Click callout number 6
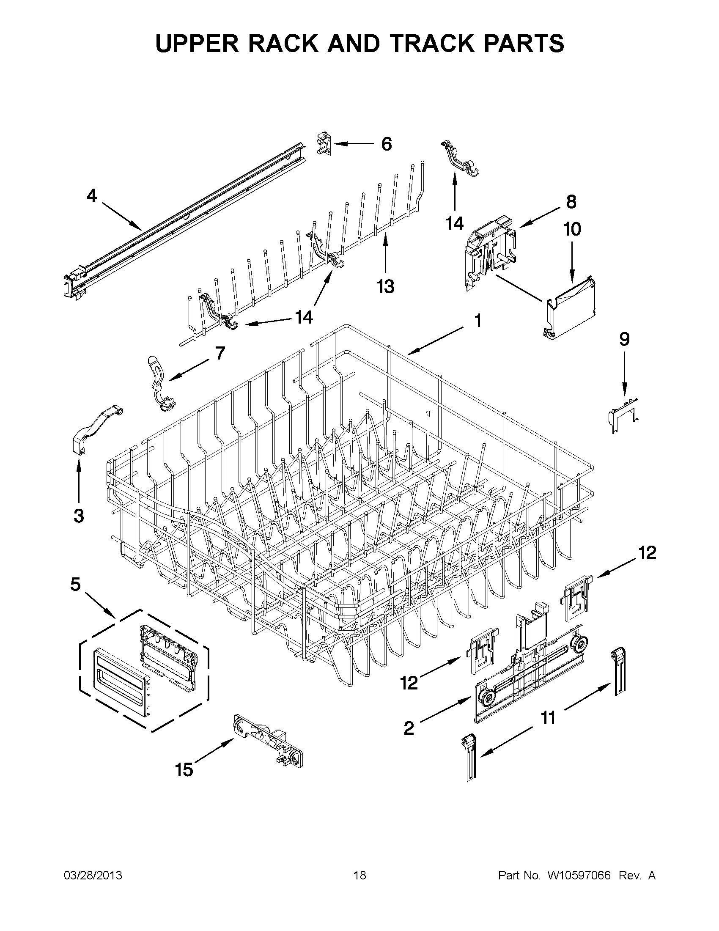click(x=386, y=144)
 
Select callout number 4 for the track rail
click(x=92, y=196)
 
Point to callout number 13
click(x=385, y=286)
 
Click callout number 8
click(x=571, y=202)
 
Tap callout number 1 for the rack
click(x=478, y=321)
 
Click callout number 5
click(x=75, y=585)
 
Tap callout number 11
click(x=549, y=718)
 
